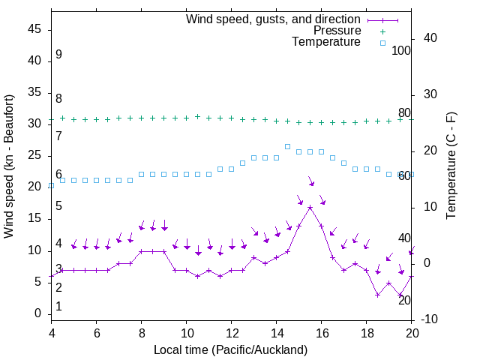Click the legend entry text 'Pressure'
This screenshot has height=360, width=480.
pyautogui.click(x=337, y=31)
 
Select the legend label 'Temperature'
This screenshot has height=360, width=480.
pyautogui.click(x=326, y=42)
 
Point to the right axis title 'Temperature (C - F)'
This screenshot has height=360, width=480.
pyautogui.click(x=451, y=166)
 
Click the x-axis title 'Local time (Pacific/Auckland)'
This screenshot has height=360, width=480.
pyautogui.click(x=230, y=349)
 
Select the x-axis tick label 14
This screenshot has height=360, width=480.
pyautogui.click(x=276, y=332)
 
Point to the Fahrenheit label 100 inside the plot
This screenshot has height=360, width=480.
pyautogui.click(x=401, y=51)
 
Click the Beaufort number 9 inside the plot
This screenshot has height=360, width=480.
pyautogui.click(x=58, y=55)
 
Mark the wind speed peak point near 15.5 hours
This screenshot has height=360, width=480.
pyautogui.click(x=310, y=207)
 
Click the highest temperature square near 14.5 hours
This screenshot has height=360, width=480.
pyautogui.click(x=287, y=147)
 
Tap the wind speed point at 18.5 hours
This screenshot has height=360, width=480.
pyautogui.click(x=377, y=295)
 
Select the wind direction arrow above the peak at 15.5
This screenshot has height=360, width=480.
pyautogui.click(x=310, y=182)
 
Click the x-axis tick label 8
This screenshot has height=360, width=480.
pyautogui.click(x=141, y=332)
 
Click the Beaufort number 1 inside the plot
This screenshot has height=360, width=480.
pyautogui.click(x=58, y=307)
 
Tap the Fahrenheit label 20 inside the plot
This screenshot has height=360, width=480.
pyautogui.click(x=404, y=300)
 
